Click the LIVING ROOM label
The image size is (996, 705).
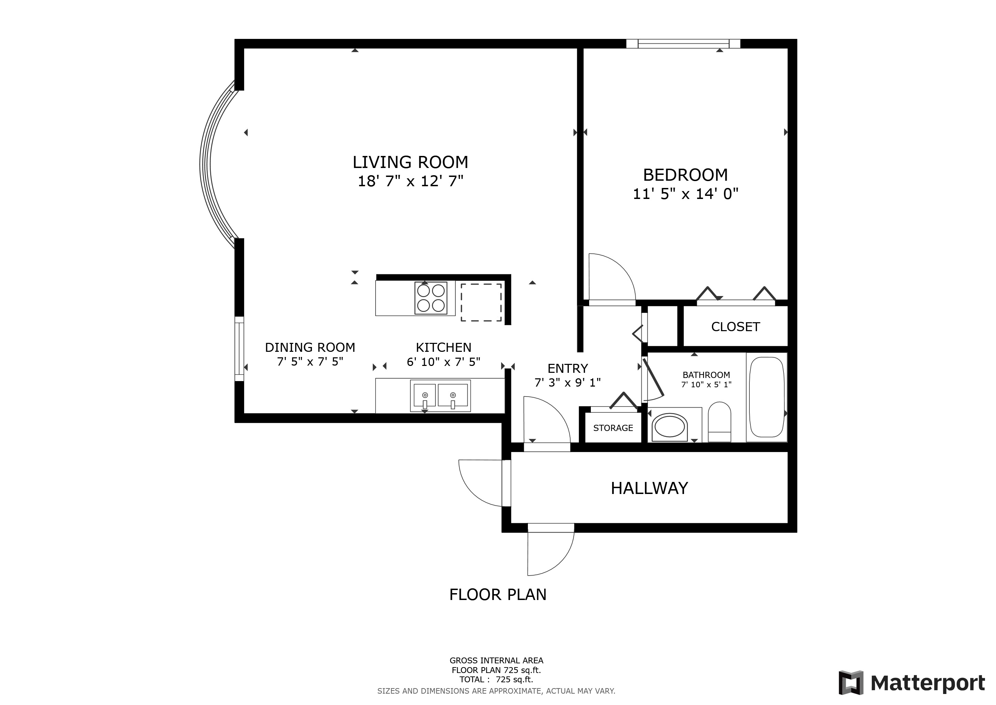(410, 162)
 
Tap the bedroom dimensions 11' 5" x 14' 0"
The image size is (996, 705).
(685, 193)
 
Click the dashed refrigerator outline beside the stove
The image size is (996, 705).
(481, 302)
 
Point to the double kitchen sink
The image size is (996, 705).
(440, 396)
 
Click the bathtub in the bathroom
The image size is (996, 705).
(767, 397)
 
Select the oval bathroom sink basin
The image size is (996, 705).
(670, 427)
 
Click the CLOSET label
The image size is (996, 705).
(735, 327)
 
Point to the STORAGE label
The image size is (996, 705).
(613, 428)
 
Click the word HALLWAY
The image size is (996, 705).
(649, 488)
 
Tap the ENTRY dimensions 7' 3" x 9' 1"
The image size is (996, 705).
(567, 382)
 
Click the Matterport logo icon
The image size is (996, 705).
(851, 683)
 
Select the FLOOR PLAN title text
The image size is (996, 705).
(498, 594)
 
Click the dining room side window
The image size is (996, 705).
(239, 349)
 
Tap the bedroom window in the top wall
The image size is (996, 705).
(683, 43)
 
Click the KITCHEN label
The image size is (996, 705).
(443, 347)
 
